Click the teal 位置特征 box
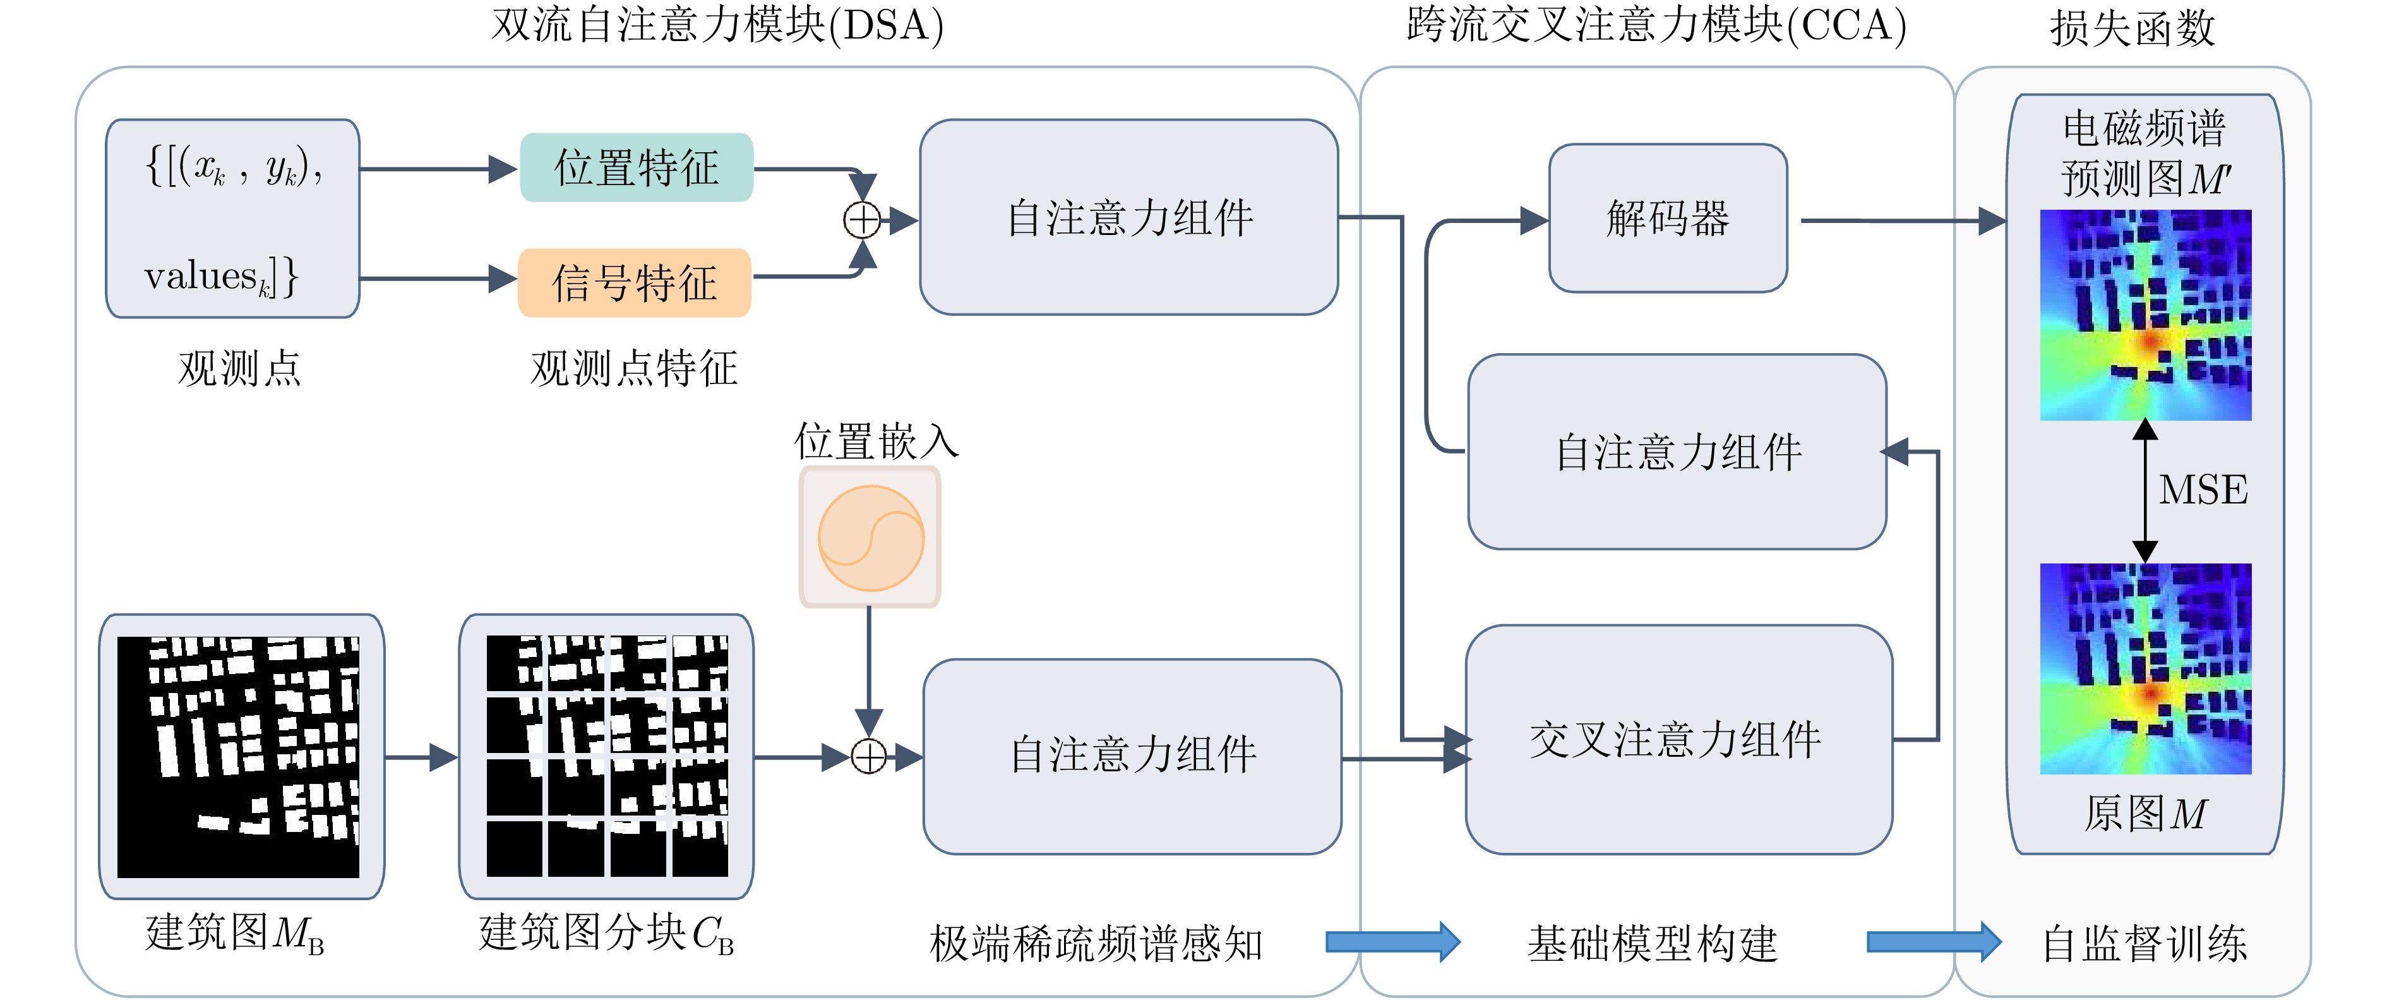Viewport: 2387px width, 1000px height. [637, 168]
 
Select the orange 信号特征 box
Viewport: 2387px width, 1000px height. [635, 282]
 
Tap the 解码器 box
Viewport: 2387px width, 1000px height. [1668, 219]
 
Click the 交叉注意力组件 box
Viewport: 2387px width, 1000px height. [1678, 740]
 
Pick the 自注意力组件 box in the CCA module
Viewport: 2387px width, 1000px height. [1677, 452]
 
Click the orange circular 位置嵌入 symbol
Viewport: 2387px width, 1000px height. [870, 538]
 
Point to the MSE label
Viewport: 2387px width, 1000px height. [2203, 490]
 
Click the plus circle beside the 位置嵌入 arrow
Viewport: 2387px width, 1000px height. [869, 757]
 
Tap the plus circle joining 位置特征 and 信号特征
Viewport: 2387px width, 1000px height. [863, 220]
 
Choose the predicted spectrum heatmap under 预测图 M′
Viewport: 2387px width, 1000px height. [2145, 315]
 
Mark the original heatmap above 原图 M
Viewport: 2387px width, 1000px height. [2145, 668]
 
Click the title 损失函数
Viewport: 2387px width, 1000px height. [2132, 28]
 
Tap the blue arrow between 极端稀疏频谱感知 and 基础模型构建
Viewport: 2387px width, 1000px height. [1392, 943]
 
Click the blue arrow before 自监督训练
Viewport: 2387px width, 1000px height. [1933, 943]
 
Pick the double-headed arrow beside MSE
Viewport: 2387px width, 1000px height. [2145, 491]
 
